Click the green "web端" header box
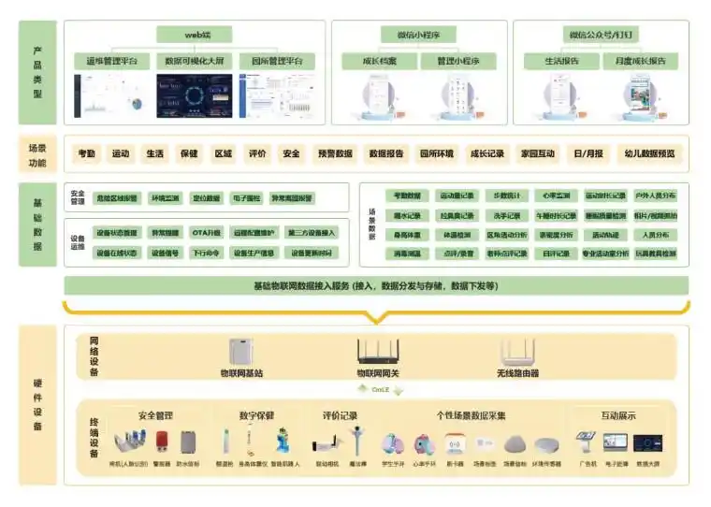tap(195, 35)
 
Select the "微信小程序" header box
tap(418, 35)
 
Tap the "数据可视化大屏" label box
tap(194, 61)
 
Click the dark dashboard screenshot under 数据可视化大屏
tap(194, 95)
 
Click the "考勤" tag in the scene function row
tap(86, 154)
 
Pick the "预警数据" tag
tap(334, 154)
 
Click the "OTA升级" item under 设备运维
tap(206, 233)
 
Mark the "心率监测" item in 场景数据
tap(551, 196)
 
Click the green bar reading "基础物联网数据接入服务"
tap(375, 285)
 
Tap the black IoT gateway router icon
tap(377, 352)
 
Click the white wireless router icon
tap(516, 352)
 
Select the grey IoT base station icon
tap(240, 352)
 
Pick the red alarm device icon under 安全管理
tap(161, 442)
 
